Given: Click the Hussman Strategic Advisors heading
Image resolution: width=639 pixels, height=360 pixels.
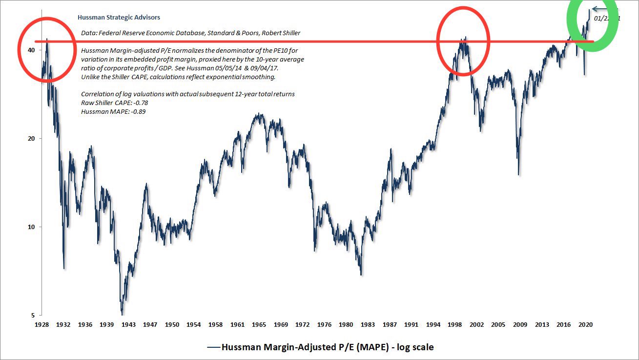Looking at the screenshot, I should click(119, 18).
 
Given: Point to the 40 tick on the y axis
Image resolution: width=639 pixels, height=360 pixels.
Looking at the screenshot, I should click(31, 50).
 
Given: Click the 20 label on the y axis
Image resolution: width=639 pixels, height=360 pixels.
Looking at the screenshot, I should click(31, 139).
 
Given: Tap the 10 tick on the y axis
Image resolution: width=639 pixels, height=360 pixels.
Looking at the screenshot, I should click(31, 227).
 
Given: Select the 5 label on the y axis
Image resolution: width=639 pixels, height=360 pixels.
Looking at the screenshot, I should click(32, 315).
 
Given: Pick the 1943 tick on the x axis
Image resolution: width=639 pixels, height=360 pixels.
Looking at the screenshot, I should click(128, 324).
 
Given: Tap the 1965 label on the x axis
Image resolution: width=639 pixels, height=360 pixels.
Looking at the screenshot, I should click(259, 324).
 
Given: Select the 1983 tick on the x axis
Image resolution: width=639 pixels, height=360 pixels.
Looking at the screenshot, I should click(367, 324).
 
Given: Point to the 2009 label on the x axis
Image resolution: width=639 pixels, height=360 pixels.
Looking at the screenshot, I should click(519, 324).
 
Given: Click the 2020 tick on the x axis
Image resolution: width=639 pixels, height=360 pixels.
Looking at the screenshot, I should click(585, 324).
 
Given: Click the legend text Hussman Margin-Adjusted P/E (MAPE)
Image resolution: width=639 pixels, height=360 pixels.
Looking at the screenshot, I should click(328, 347).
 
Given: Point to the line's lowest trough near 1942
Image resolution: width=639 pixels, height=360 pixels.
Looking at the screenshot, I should click(122, 314).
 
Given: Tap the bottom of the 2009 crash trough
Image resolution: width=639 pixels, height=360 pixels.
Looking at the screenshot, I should click(518, 174).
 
